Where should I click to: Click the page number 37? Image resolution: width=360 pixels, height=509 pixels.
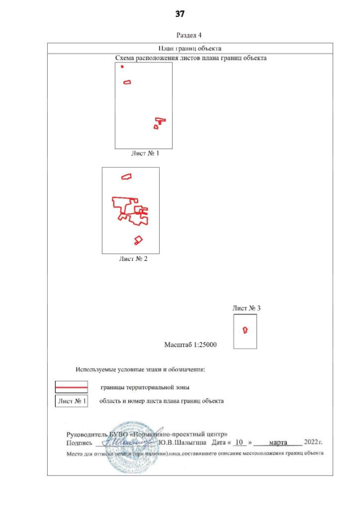(180, 13)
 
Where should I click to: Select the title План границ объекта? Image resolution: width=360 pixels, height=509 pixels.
(191, 48)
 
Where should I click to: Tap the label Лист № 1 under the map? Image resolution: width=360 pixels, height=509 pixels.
(145, 153)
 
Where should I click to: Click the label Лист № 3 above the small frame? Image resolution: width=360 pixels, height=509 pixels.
(246, 308)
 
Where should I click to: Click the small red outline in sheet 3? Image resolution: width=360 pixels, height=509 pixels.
(245, 330)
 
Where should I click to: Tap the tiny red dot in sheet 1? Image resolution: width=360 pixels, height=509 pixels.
(122, 66)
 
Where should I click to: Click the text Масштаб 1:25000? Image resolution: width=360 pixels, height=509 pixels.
(191, 344)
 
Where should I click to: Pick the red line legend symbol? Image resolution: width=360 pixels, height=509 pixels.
(71, 388)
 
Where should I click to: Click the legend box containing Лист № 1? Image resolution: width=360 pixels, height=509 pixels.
(71, 401)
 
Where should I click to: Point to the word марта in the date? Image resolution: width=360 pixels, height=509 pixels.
(278, 443)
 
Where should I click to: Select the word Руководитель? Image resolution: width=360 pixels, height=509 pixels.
(84, 434)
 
